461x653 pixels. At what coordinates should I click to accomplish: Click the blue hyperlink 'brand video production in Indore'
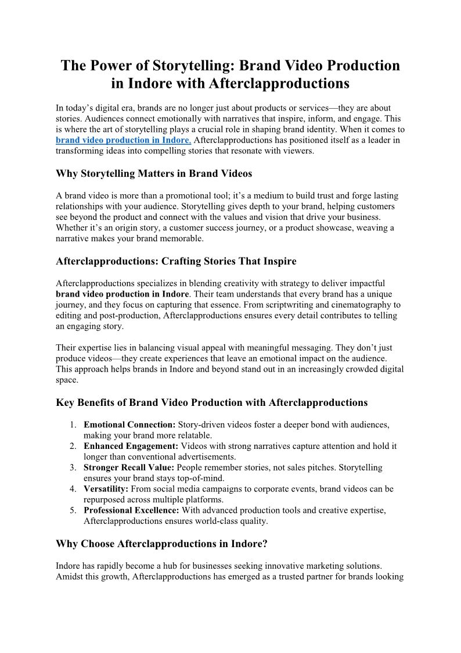pyautogui.click(x=123, y=140)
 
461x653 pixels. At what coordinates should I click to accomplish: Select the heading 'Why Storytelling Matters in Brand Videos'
pyautogui.click(x=154, y=173)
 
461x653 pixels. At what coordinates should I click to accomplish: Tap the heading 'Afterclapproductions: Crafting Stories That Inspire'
pyautogui.click(x=176, y=261)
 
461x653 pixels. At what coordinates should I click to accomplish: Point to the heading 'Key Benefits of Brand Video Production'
pyautogui.click(x=160, y=402)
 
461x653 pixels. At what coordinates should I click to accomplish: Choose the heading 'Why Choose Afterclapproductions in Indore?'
pyautogui.click(x=161, y=544)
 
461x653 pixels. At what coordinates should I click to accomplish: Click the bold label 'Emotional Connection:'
pyautogui.click(x=129, y=425)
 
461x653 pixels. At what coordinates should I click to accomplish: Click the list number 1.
pyautogui.click(x=73, y=425)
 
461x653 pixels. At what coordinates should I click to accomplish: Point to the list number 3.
pyautogui.click(x=73, y=468)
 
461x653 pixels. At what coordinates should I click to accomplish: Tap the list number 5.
pyautogui.click(x=73, y=510)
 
